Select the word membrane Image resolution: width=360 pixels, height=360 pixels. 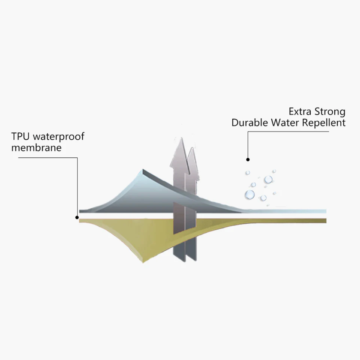36,148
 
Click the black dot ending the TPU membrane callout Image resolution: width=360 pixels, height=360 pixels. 77,217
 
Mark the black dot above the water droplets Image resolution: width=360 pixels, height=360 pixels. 248,160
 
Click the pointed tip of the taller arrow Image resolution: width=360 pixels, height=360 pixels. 181,138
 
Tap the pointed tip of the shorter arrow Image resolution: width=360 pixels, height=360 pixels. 192,148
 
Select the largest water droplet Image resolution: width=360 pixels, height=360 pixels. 249,195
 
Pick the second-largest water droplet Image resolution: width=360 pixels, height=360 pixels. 268,180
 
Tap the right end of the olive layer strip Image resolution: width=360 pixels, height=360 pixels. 325,221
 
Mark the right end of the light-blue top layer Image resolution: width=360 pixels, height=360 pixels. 325,211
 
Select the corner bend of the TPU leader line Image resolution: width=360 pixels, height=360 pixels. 78,157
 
